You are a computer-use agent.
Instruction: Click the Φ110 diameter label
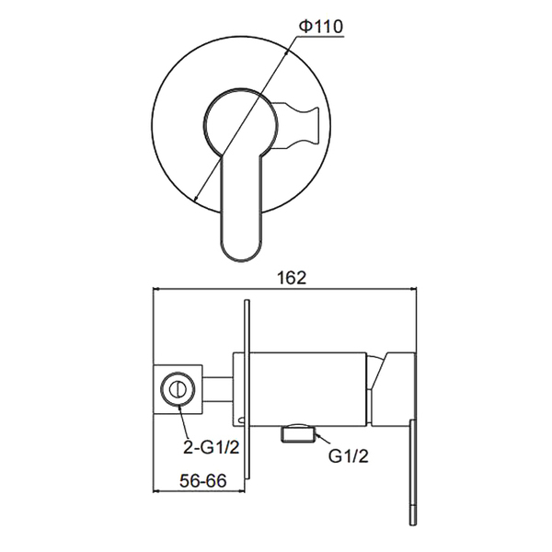pyautogui.click(x=320, y=27)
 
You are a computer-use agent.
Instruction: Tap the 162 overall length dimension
pyautogui.click(x=292, y=278)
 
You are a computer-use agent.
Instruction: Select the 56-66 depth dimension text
pyautogui.click(x=203, y=481)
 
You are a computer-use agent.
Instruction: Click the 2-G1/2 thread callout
pyautogui.click(x=212, y=448)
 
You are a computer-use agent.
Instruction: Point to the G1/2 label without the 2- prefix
pyautogui.click(x=348, y=456)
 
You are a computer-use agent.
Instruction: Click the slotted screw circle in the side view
pyautogui.click(x=178, y=388)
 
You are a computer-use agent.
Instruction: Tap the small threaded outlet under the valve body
pyautogui.click(x=298, y=432)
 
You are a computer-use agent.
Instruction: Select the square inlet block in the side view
pyautogui.click(x=178, y=389)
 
